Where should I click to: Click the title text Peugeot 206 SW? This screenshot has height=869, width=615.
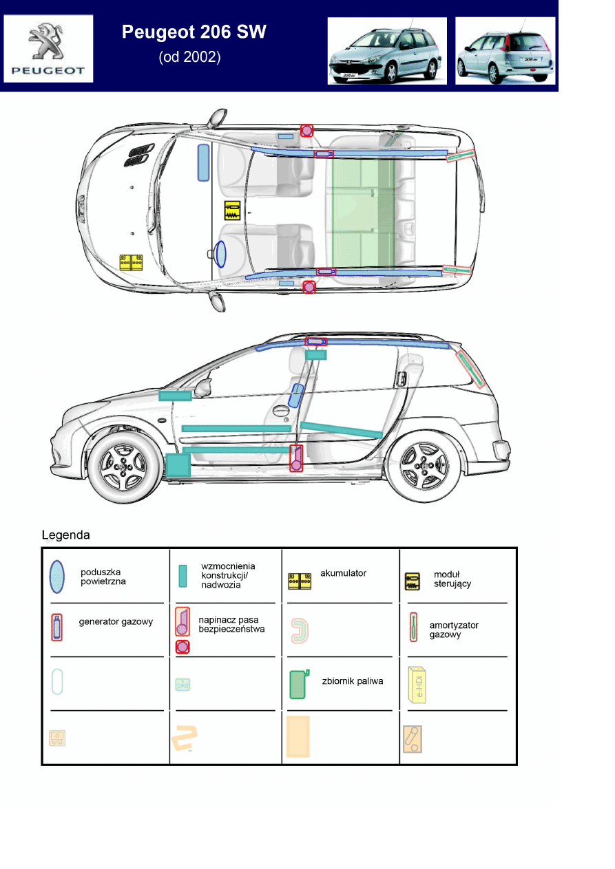coord(194,32)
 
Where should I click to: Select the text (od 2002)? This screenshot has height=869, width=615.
coord(189,58)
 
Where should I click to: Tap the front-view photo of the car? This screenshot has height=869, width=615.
coord(386,52)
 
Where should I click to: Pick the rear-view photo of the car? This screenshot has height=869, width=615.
coord(504,52)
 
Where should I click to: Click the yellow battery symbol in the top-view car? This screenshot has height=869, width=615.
coord(131,262)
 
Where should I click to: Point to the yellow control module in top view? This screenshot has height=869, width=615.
coord(232,211)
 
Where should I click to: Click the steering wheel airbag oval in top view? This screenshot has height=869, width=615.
coord(220,254)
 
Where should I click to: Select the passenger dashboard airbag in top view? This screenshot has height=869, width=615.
coord(203,163)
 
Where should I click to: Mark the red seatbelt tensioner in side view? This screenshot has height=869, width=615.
coord(296,458)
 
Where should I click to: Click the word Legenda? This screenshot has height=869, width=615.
coord(65,535)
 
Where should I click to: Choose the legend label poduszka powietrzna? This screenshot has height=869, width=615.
coord(103,577)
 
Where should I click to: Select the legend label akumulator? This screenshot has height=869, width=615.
coord(343,573)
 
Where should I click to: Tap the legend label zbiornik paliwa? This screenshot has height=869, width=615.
coord(352,681)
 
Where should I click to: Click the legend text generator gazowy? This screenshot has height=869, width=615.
coord(116,622)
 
